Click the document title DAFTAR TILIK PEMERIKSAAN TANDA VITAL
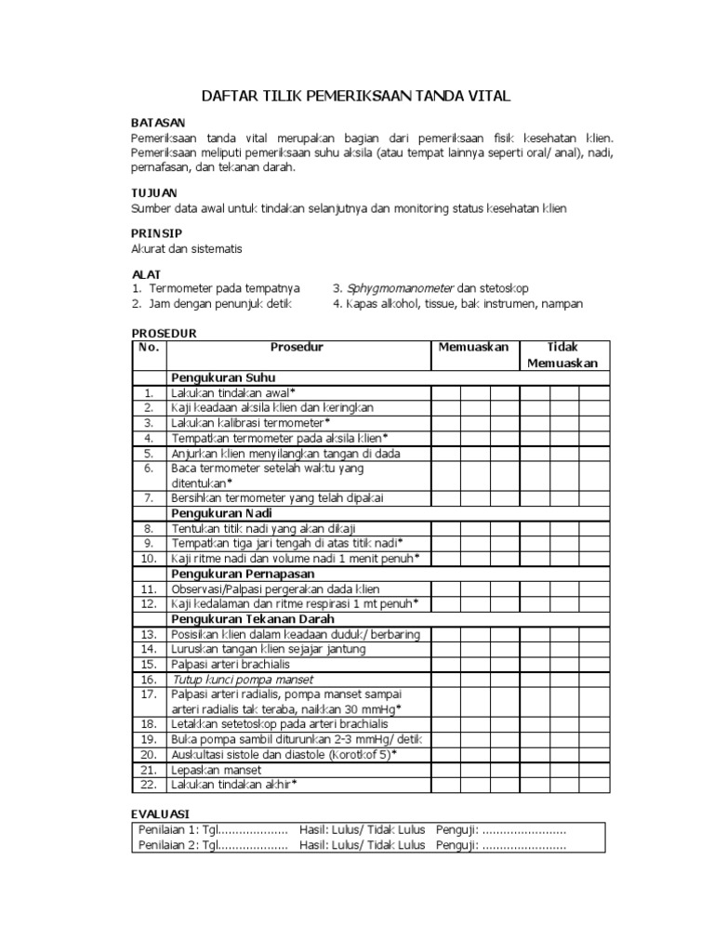click(x=357, y=97)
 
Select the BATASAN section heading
click(x=158, y=123)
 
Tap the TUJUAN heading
click(x=154, y=192)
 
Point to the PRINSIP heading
click(x=157, y=232)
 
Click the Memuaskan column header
click(x=473, y=347)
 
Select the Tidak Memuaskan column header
click(x=563, y=354)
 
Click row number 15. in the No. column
click(x=147, y=664)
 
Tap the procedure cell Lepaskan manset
click(x=216, y=770)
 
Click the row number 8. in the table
click(x=147, y=528)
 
